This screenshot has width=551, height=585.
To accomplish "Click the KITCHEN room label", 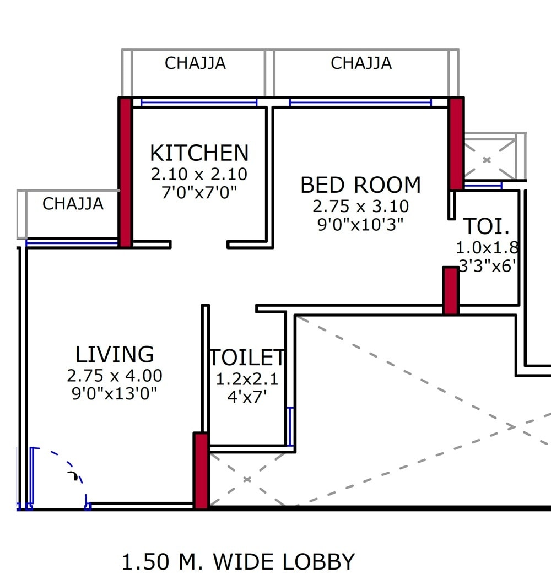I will [x=199, y=153].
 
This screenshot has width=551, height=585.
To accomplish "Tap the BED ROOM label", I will [x=360, y=185].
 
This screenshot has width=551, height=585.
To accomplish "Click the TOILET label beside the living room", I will [x=247, y=358].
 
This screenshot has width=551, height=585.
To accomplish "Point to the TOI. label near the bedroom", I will [x=486, y=226].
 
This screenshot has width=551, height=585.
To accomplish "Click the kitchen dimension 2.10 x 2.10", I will [x=199, y=175].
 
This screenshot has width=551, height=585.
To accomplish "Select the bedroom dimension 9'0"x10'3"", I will [x=360, y=224].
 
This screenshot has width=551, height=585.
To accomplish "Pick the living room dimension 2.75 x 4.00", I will [x=115, y=376].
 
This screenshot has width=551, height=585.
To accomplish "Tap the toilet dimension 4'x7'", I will [x=247, y=397].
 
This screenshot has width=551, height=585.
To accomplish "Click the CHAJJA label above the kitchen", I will [x=195, y=63].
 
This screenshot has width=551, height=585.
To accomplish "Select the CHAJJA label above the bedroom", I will [x=361, y=63].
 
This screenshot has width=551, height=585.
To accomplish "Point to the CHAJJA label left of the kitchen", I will [x=73, y=204].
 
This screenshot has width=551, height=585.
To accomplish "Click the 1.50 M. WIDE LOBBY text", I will [x=238, y=562].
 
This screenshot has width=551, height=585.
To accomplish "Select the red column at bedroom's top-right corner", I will [x=456, y=143].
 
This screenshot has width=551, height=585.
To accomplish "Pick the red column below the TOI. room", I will [x=451, y=290].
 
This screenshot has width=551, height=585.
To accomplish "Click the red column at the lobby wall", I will [x=201, y=470].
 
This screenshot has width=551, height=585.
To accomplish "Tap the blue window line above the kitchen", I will [x=199, y=102].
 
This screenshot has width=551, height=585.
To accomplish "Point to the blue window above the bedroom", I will [x=360, y=102].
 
